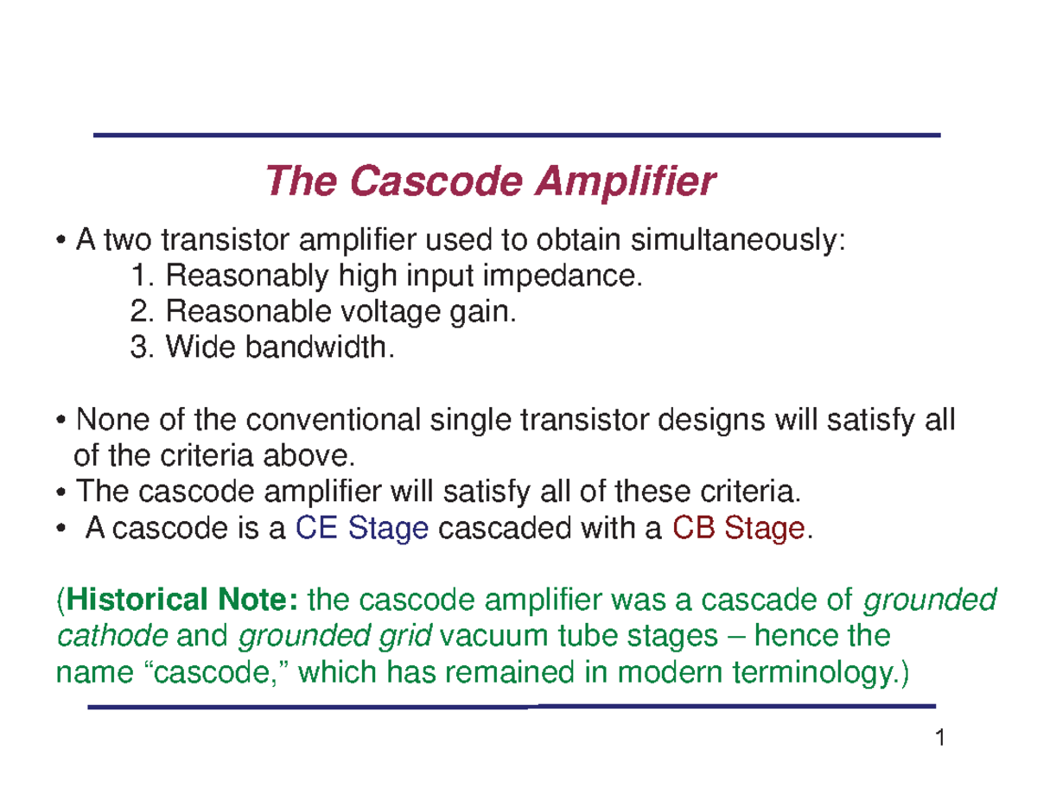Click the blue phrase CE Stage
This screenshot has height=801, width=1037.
pos(362,527)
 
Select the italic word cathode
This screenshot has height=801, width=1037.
pos(111,636)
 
